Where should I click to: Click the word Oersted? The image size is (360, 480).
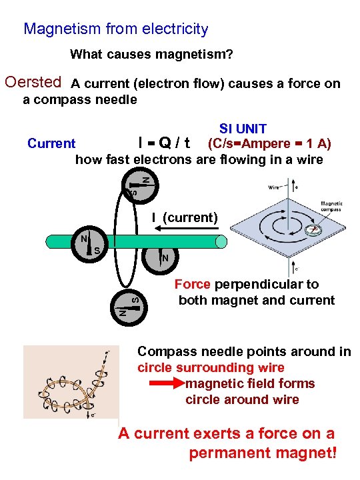click(33, 83)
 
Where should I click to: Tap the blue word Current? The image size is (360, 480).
click(51, 143)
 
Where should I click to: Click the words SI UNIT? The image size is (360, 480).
click(243, 129)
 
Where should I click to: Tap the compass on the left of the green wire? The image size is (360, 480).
click(90, 245)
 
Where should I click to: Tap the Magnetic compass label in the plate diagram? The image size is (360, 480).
click(333, 206)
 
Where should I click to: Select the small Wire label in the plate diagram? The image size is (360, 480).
click(274, 188)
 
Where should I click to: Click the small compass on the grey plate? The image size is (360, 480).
click(313, 230)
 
